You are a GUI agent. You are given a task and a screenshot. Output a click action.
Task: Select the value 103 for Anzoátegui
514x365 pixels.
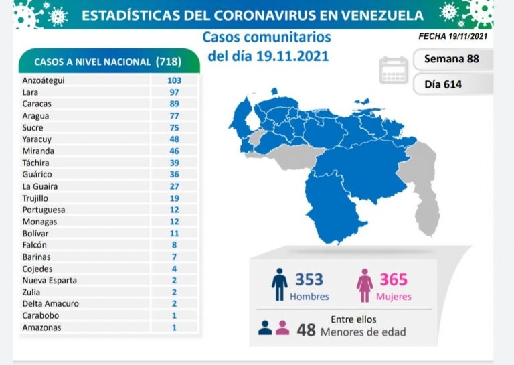click(x=175, y=80)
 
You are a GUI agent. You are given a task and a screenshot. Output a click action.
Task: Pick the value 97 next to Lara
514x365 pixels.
click(x=175, y=92)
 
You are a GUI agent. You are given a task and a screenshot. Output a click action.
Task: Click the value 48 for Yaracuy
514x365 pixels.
click(x=175, y=139)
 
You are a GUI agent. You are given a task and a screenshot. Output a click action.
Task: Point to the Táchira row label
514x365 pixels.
click(x=35, y=163)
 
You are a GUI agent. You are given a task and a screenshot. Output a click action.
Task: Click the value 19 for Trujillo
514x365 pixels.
click(x=175, y=198)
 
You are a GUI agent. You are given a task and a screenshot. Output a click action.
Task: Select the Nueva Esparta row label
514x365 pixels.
click(x=49, y=280)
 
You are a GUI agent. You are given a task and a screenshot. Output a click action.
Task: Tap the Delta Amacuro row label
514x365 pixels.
click(x=50, y=303)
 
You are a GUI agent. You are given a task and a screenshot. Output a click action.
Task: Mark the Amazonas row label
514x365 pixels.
click(x=41, y=327)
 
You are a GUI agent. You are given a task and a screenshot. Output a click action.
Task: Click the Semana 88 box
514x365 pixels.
click(x=452, y=59)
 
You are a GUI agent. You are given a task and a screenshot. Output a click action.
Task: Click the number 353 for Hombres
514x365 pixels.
click(x=310, y=279)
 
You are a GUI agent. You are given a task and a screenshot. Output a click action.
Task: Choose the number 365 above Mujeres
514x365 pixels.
click(x=394, y=279)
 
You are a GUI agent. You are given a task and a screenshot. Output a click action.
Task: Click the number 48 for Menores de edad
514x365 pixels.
click(x=307, y=330)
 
